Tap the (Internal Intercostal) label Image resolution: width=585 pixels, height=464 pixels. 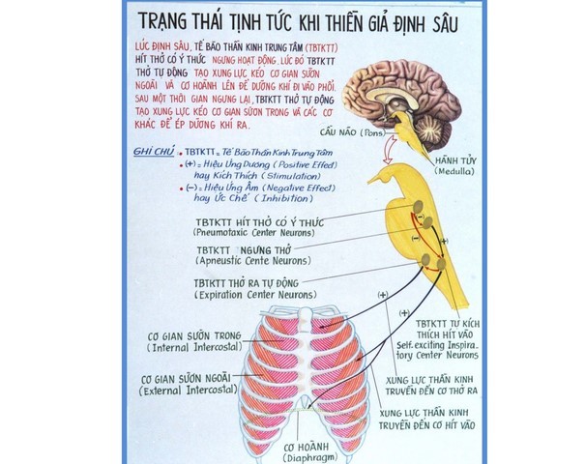192,347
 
